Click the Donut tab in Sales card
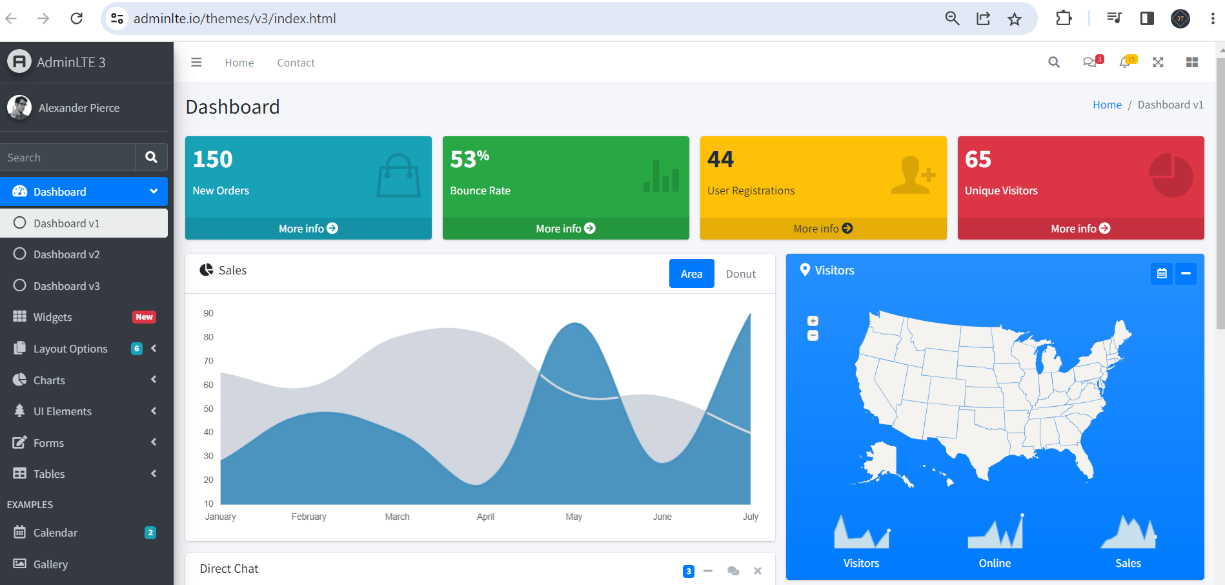pos(740,274)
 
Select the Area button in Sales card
pos(691,274)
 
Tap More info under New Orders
pos(308,229)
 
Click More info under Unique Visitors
pos(1080,229)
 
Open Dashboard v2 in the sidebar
pos(66,254)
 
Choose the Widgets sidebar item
pos(53,317)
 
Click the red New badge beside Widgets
pos(144,317)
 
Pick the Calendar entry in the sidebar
pos(56,533)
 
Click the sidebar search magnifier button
pos(151,157)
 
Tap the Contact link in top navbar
pos(296,63)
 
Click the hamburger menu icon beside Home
pos(196,63)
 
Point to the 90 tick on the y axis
pos(208,313)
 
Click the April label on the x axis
pos(485,517)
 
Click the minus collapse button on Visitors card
pos(1186,273)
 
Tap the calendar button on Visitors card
pos(1162,273)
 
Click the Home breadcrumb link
pos(1107,105)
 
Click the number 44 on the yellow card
pos(720,159)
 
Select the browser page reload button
pos(76,18)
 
